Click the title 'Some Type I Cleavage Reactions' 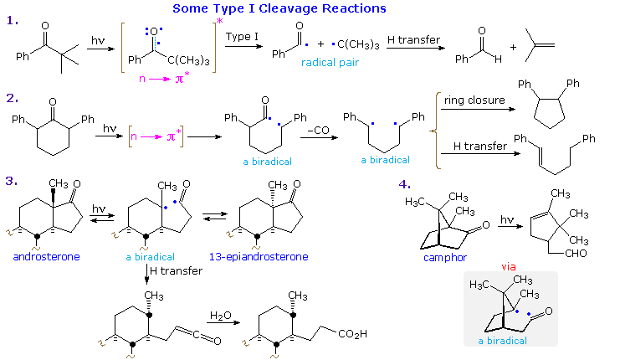[279, 8]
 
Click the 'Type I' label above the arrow [243, 38]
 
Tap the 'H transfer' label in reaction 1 [413, 38]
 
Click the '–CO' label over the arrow [317, 130]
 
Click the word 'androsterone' [47, 256]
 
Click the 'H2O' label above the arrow [221, 316]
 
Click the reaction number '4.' [405, 184]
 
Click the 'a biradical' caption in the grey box [504, 341]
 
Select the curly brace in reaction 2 [436, 125]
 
